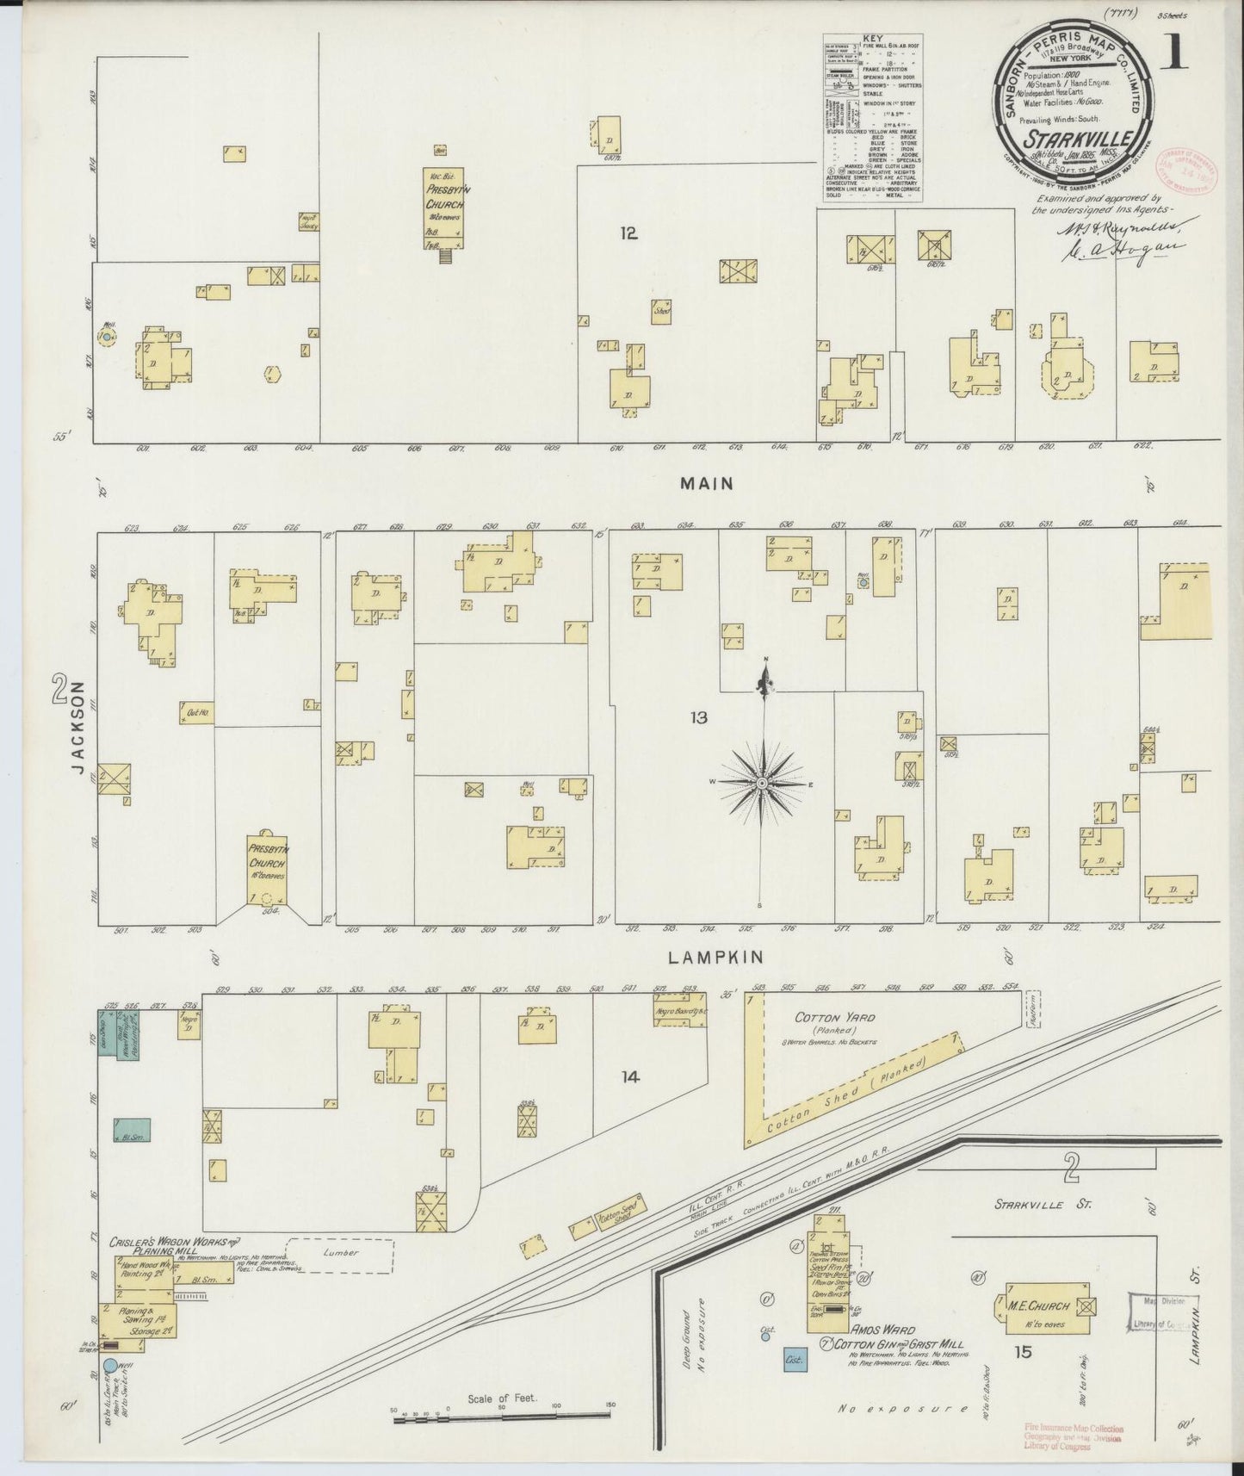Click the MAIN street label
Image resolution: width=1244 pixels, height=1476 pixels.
point(706,484)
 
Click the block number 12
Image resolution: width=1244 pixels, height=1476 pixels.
point(628,233)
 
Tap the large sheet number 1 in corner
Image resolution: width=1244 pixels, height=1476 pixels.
point(1173,56)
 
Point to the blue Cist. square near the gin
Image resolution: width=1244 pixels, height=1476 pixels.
point(794,1384)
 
